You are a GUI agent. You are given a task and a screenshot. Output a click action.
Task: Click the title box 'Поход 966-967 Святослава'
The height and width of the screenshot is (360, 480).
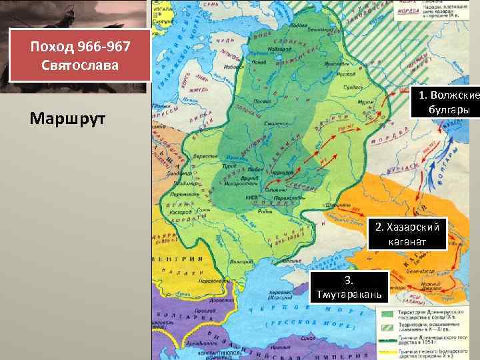tap(79, 55)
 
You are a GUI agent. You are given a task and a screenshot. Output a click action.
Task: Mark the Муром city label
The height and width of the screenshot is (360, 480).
tap(365, 102)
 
